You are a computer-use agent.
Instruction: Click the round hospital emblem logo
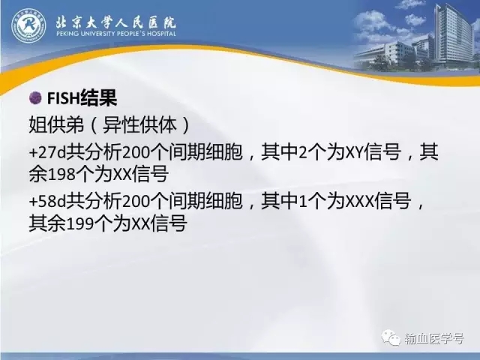pos(28,25)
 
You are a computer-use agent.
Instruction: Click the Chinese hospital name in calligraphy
pos(116,22)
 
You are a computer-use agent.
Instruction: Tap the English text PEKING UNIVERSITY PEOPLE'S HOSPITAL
pos(116,33)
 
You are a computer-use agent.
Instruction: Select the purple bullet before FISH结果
pos(35,98)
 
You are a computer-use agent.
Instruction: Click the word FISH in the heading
pos(63,98)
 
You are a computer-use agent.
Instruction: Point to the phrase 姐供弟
pos(56,125)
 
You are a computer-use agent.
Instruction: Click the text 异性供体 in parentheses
pos(140,125)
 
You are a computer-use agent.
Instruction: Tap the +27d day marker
pos(47,152)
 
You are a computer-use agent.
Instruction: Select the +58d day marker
pos(47,202)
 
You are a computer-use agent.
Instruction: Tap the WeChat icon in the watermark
pos(391,337)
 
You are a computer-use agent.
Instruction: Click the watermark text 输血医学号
pos(434,338)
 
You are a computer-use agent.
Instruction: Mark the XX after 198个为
pos(122,175)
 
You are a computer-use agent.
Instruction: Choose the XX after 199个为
pos(141,224)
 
